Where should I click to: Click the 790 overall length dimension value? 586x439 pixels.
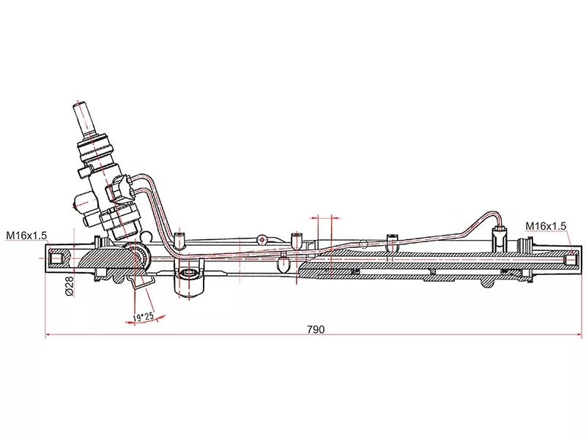point(316,329)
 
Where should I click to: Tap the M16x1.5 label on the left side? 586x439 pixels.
point(26,236)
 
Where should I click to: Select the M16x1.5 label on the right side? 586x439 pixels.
point(546,226)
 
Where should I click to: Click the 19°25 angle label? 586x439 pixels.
point(144,317)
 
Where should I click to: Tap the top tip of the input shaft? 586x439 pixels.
point(81,105)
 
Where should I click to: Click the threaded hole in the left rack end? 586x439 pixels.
point(56,259)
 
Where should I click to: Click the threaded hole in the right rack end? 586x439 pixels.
point(571,259)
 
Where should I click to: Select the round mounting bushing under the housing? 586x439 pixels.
point(189,274)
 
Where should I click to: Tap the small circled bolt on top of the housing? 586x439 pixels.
point(263,239)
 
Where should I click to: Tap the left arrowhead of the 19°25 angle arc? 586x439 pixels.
point(129,322)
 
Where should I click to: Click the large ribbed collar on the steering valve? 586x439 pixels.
point(95,149)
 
